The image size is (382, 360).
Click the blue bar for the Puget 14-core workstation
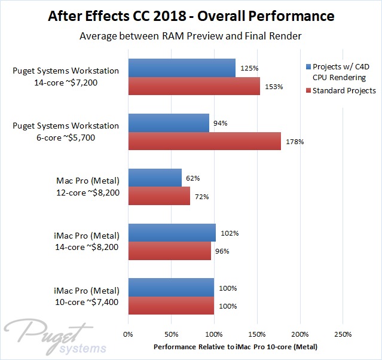182,68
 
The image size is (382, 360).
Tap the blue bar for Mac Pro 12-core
155,178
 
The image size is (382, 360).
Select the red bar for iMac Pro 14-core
170,251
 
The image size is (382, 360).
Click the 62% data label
192,178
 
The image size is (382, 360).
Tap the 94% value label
221,123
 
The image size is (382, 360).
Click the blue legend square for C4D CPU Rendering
308,66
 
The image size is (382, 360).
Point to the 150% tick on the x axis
257,334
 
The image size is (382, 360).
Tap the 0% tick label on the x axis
128,334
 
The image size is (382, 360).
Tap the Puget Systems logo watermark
57,336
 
